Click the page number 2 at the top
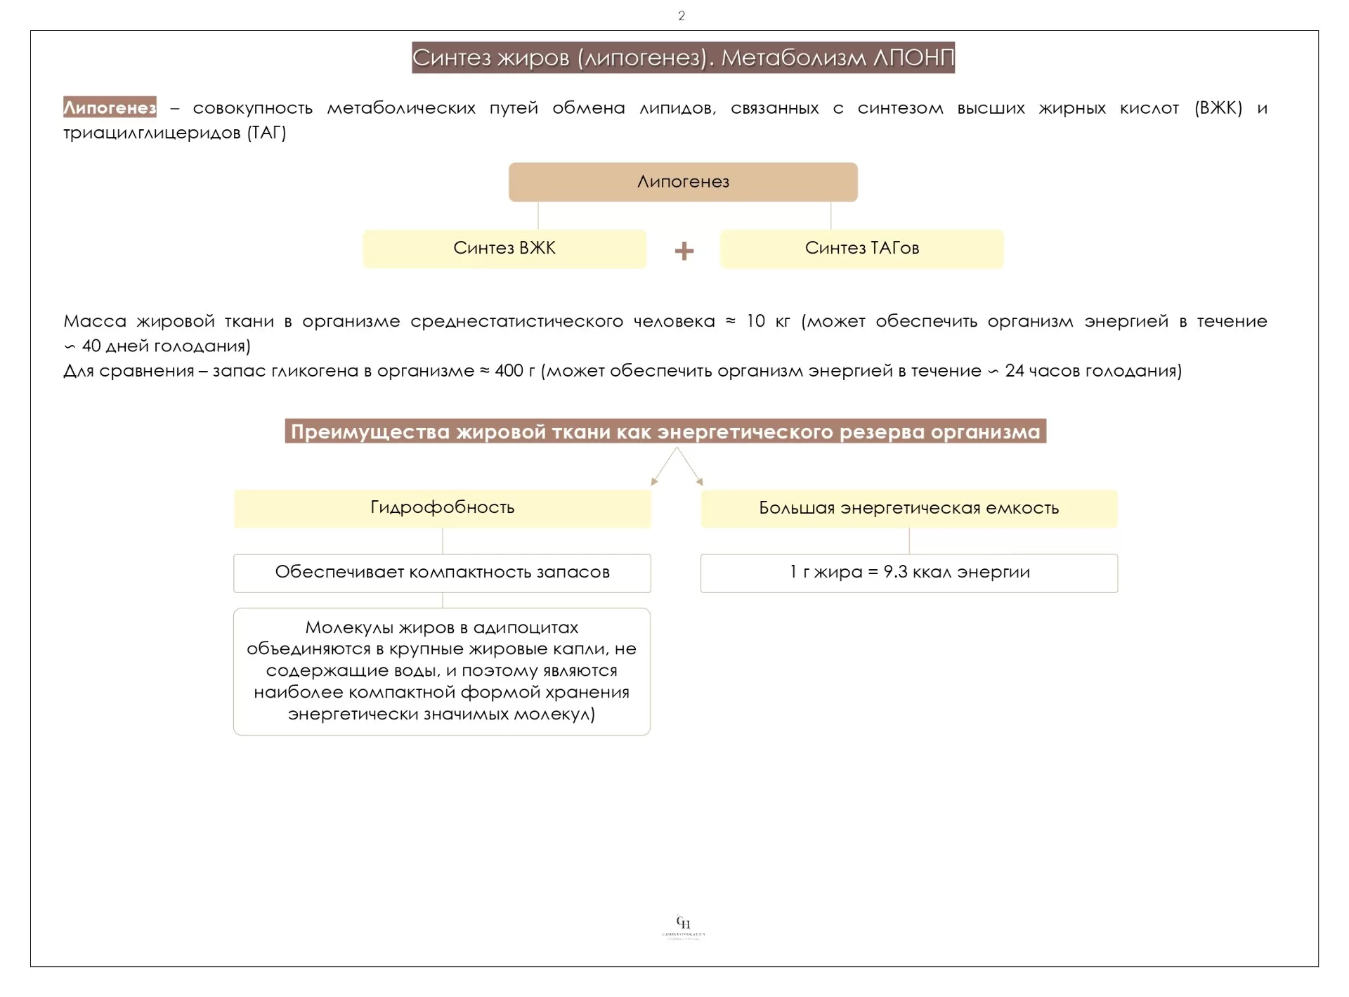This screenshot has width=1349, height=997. (681, 15)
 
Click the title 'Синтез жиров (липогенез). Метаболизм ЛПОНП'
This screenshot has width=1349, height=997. (683, 58)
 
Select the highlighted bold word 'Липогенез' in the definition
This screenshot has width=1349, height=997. (110, 107)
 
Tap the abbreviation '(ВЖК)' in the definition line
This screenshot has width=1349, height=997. (1218, 108)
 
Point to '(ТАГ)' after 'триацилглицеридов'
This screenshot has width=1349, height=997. (266, 133)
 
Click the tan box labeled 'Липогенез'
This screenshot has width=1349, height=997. (683, 182)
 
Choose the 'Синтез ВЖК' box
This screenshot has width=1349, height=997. (504, 249)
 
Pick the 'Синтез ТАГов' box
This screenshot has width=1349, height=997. (861, 249)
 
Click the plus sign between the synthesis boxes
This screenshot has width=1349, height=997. (684, 251)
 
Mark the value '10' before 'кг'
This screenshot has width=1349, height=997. (755, 321)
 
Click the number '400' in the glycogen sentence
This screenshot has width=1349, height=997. (509, 370)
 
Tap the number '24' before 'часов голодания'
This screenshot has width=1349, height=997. (1015, 370)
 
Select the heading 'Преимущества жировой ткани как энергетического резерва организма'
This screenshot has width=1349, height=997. (665, 431)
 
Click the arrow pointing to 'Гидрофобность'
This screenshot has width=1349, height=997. (663, 467)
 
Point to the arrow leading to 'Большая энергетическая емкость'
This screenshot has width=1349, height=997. (691, 467)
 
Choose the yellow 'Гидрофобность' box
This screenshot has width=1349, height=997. (442, 508)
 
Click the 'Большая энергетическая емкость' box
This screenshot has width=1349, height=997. (908, 509)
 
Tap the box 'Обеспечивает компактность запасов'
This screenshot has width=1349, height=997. (442, 573)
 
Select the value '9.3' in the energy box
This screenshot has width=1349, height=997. (895, 572)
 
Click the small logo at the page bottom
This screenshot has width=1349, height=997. (683, 927)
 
